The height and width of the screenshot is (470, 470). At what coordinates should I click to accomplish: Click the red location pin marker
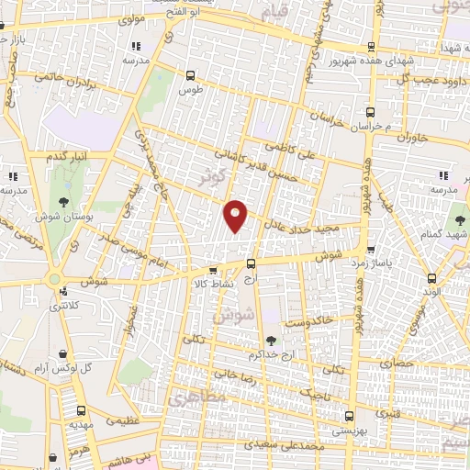pyautogui.click(x=236, y=215)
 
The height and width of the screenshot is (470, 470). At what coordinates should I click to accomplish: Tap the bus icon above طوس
pyautogui.click(x=190, y=76)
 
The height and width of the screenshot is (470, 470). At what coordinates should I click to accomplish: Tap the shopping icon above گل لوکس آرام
pyautogui.click(x=62, y=353)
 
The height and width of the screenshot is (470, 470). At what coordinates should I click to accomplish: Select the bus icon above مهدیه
pyautogui.click(x=81, y=412)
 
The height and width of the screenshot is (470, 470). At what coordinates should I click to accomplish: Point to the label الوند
pyautogui.click(x=432, y=291)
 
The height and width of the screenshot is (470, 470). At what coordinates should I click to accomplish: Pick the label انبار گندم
pyautogui.click(x=67, y=158)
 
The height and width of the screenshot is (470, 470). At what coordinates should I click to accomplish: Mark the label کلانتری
pyautogui.click(x=63, y=305)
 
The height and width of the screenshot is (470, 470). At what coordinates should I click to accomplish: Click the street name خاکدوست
pyautogui.click(x=308, y=323)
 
